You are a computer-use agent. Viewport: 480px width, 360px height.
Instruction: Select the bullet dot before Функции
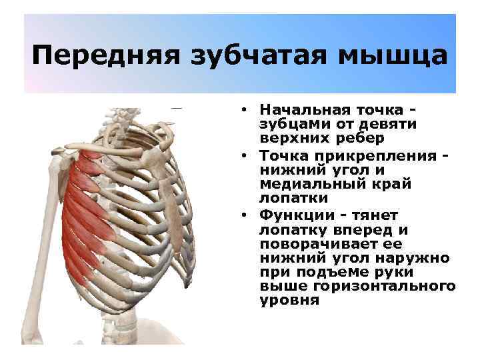click(246, 215)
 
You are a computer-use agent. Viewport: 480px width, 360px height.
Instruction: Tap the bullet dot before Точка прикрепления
click(246, 155)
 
